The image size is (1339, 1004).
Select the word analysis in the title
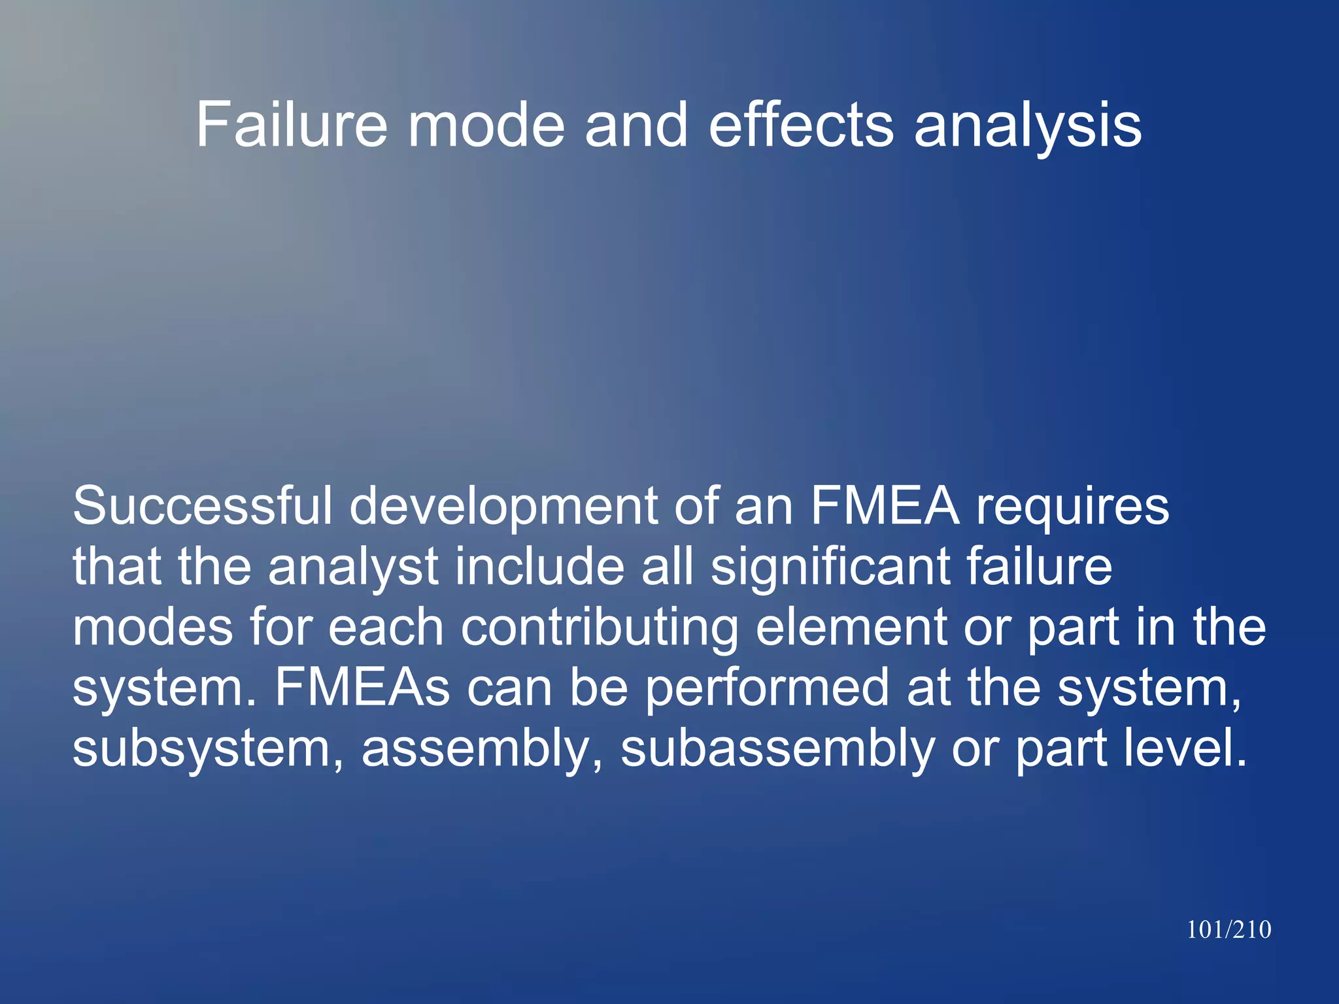pos(1027,125)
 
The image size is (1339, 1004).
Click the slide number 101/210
pos(1229,929)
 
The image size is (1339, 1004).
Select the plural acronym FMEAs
pos(362,687)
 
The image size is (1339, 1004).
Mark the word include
pos(540,566)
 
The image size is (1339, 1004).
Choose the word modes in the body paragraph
pos(152,627)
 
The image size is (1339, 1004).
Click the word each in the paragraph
pos(386,627)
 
